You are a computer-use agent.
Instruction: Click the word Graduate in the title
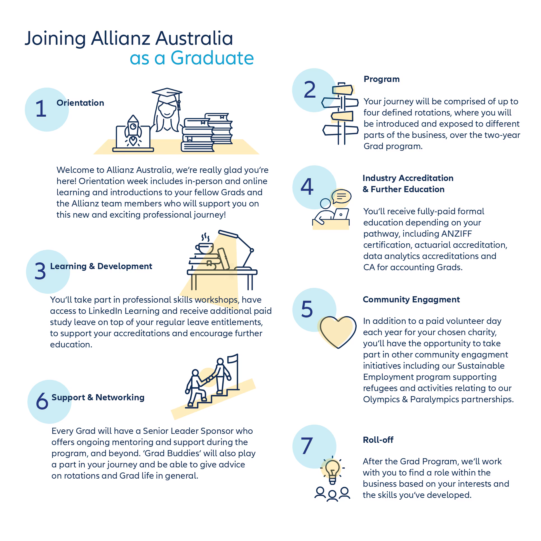pyautogui.click(x=212, y=58)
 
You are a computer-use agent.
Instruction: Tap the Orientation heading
pyautogui.click(x=80, y=103)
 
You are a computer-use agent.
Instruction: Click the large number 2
pyautogui.click(x=310, y=90)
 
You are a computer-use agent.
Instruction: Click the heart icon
pyautogui.click(x=338, y=331)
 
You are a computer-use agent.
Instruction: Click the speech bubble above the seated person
pyautogui.click(x=341, y=196)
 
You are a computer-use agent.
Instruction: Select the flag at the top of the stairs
pyautogui.click(x=233, y=359)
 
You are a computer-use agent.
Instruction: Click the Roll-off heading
pyautogui.click(x=378, y=440)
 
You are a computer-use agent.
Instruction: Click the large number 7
pyautogui.click(x=307, y=446)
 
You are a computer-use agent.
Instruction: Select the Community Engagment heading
pyautogui.click(x=411, y=299)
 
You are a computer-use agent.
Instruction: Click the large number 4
pyautogui.click(x=307, y=187)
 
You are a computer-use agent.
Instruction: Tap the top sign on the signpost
pyautogui.click(x=342, y=90)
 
